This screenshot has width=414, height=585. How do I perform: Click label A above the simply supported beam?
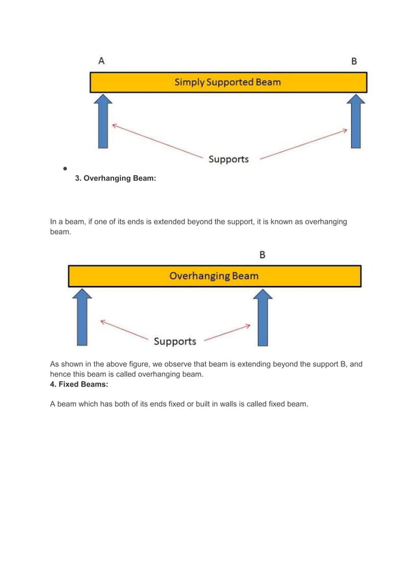pos(102,61)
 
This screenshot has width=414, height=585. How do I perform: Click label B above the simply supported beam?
pos(354,62)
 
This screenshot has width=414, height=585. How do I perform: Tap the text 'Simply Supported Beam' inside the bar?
pos(228,82)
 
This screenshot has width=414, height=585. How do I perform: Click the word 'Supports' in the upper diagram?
pos(228,159)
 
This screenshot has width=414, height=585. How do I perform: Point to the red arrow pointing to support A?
pos(156,139)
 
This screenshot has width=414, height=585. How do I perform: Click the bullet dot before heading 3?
pos(65,169)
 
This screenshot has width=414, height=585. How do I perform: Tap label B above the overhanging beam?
pos(262,255)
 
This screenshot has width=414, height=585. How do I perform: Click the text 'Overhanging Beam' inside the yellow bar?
pos(213,276)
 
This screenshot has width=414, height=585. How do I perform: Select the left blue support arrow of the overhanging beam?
pos(82,317)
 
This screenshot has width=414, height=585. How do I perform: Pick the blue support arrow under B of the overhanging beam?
pos(262,317)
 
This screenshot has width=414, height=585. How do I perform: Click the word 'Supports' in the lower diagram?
pos(175,341)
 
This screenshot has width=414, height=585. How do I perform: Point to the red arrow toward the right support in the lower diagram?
pos(227,333)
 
